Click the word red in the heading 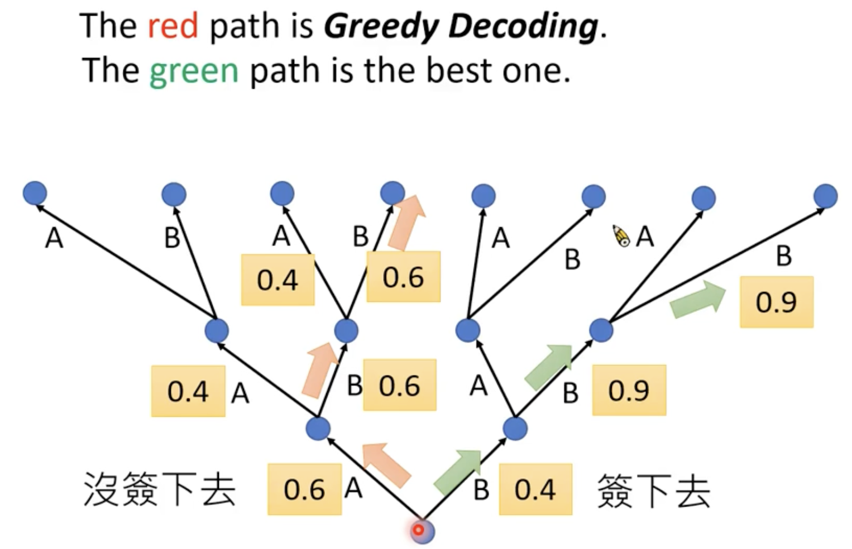tap(173, 26)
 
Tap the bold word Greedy tap(382, 26)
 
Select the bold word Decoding tap(523, 26)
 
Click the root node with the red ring tap(422, 530)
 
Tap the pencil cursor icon tap(621, 235)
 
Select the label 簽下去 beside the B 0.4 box tap(653, 490)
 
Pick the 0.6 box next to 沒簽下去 tap(304, 489)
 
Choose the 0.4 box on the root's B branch tap(535, 489)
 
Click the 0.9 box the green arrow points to tap(776, 302)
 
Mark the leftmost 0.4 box tap(188, 391)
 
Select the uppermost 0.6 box tap(403, 277)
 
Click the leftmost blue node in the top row tap(35, 193)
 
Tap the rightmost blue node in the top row tap(825, 196)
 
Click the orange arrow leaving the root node tap(386, 463)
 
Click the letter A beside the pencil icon tap(645, 236)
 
